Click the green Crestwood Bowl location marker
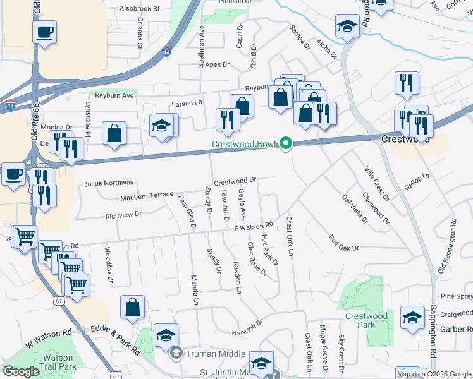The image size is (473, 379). (x=286, y=144)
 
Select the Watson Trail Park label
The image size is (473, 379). (x=58, y=361)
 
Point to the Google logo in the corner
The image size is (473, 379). (x=21, y=371)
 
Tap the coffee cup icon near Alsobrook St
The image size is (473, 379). (x=45, y=32)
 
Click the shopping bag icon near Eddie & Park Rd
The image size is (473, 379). (x=133, y=308)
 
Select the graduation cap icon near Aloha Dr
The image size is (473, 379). (x=347, y=27)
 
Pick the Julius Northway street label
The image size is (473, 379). (x=109, y=183)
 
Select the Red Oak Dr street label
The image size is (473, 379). (x=343, y=243)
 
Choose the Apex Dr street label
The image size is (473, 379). (x=216, y=64)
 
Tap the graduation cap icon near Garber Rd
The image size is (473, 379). (x=412, y=319)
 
